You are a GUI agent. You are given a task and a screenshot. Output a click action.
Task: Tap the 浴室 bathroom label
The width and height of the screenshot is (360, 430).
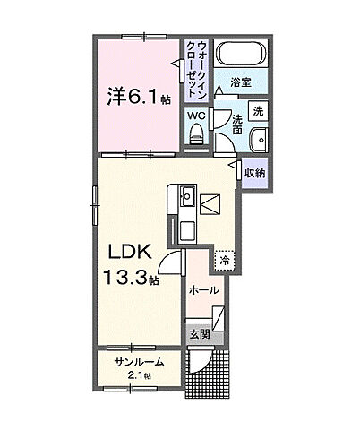coord(241,82)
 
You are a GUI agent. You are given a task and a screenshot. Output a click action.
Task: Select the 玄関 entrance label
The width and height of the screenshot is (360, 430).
coord(200,333)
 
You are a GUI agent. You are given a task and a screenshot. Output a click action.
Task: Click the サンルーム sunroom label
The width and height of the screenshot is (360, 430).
coord(139,362)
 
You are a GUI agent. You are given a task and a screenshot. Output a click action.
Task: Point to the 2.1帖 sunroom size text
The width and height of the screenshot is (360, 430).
coord(139,375)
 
